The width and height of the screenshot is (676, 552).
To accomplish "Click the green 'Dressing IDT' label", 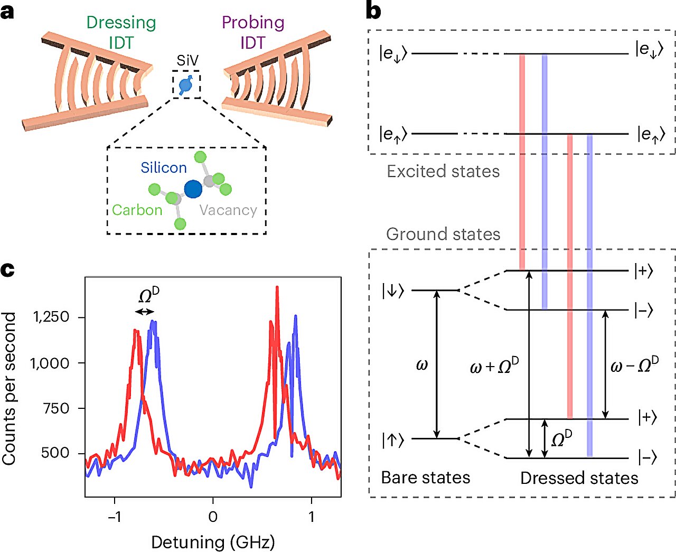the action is click(121, 32).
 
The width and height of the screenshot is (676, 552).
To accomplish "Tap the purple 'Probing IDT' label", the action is click(253, 32).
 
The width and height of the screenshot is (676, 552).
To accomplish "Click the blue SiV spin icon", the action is click(186, 85).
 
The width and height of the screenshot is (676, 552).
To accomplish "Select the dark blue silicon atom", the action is click(193, 189).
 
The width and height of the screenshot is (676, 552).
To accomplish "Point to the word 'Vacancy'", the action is click(228, 210).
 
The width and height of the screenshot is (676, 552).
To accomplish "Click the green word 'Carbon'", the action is click(137, 210).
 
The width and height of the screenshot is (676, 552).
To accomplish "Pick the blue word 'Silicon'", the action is click(164, 167).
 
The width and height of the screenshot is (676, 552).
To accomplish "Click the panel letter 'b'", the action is click(373, 11).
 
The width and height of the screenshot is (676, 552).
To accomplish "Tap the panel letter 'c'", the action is click(8, 270).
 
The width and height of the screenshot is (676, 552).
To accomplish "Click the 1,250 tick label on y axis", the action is click(51, 317).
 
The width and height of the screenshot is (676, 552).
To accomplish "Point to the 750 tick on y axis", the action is click(56, 408).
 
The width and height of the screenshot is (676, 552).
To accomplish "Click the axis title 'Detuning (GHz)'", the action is click(213, 542).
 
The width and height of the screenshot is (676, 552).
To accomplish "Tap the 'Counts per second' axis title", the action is click(8, 389).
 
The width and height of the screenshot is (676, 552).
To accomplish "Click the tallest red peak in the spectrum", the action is click(277, 287).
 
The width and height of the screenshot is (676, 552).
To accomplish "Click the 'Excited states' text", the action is click(443, 171).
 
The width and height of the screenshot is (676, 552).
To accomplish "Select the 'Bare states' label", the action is click(425, 478).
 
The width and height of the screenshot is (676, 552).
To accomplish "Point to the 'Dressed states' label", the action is click(579, 478).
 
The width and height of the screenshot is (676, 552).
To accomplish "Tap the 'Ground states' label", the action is click(443, 234).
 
